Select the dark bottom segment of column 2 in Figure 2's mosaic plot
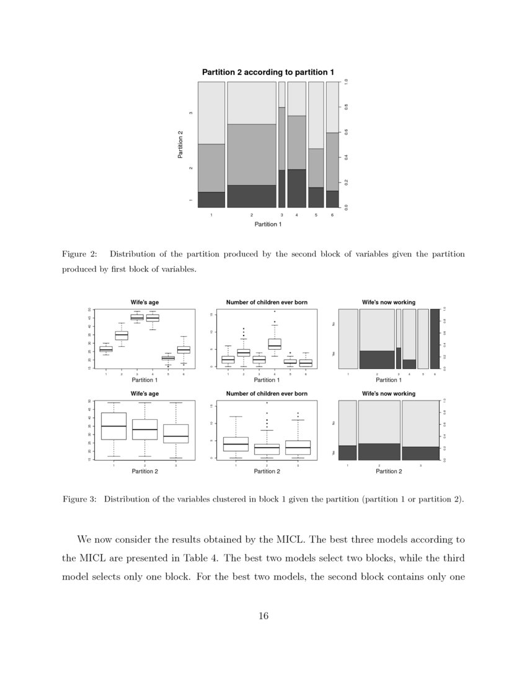252,196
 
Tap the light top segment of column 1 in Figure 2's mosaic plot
211,113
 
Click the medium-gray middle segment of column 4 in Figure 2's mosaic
296,142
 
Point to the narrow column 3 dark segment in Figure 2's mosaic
281,189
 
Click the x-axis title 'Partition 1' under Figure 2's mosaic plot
268,224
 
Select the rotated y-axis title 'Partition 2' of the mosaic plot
180,144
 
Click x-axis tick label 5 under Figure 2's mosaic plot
316,215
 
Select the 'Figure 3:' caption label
79,500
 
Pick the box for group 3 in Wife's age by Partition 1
137,317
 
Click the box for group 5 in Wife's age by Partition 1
168,358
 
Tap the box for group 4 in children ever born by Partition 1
275,344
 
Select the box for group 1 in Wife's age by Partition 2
113,426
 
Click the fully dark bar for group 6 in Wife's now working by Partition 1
434,339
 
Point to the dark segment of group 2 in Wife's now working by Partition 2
379,451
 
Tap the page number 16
263,615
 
